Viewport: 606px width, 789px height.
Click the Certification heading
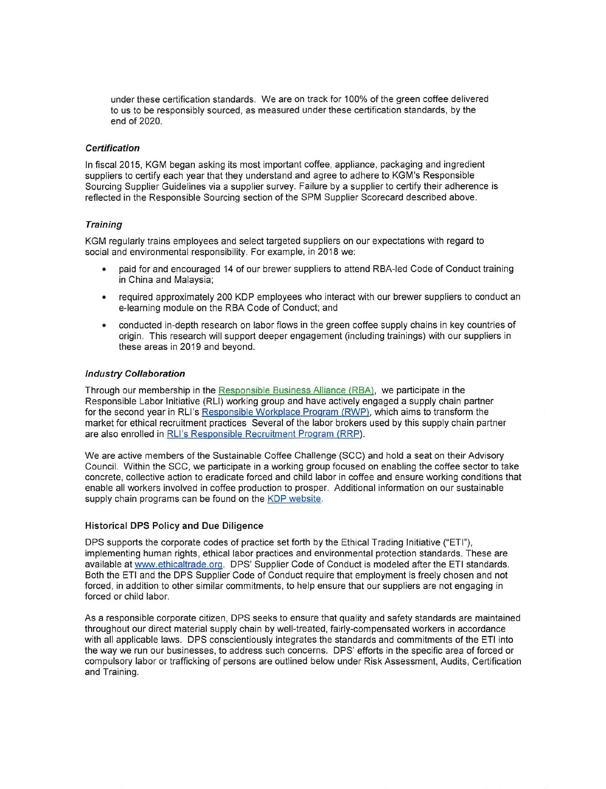pos(112,148)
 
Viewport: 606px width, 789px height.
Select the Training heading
pos(103,225)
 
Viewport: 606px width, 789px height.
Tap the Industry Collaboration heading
pos(135,374)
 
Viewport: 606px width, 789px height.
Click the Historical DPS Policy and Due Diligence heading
pos(174,526)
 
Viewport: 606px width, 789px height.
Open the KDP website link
pos(294,499)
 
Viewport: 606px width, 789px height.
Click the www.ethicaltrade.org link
pos(179,564)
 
